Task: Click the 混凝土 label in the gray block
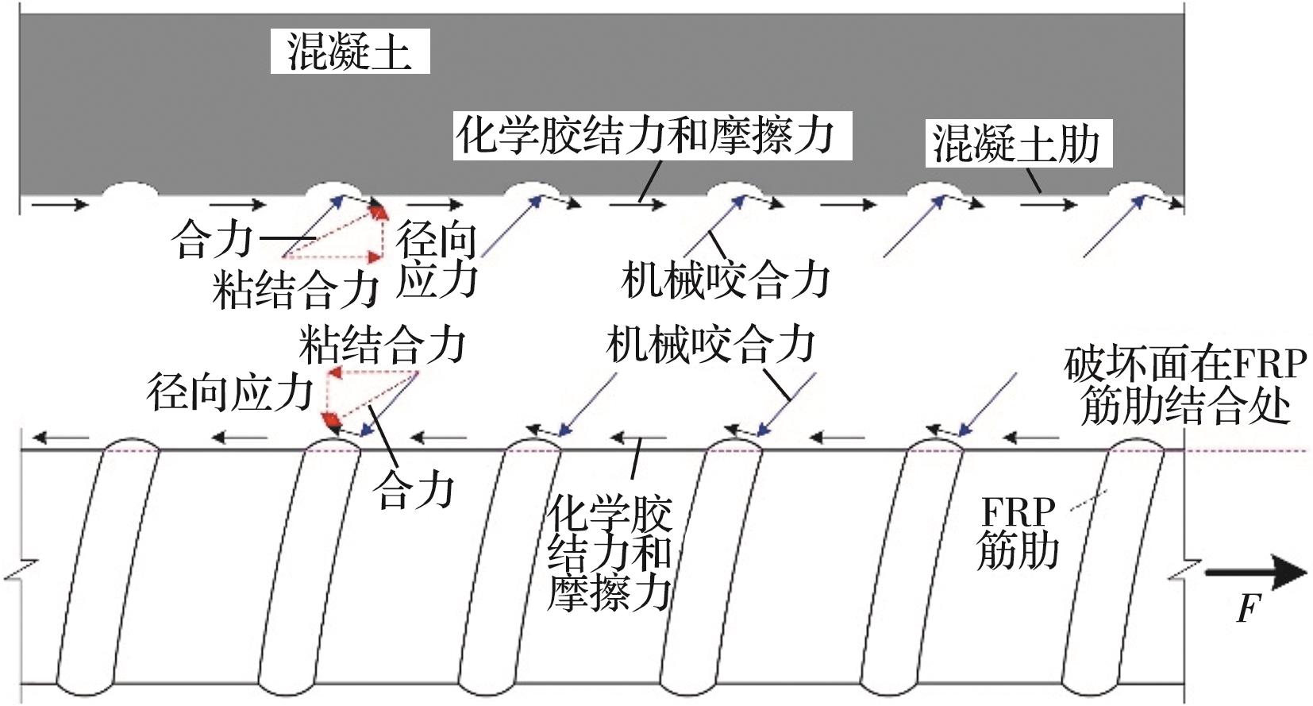349,52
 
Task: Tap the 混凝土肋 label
1018,144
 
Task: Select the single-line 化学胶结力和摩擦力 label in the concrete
652,136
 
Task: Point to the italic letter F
1248,608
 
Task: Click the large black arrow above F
1254,572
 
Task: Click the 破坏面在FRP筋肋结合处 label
1184,385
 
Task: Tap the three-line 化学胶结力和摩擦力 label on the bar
610,553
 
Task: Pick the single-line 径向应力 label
230,392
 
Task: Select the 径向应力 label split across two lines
437,260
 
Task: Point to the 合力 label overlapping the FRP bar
414,490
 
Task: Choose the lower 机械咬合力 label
710,344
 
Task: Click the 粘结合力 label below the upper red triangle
295,288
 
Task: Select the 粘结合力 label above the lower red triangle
382,344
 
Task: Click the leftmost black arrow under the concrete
60,205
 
